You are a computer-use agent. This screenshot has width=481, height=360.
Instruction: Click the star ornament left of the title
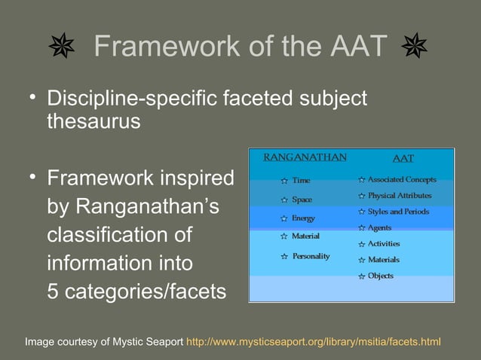click(x=62, y=47)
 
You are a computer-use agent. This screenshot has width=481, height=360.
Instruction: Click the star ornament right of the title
click(x=414, y=47)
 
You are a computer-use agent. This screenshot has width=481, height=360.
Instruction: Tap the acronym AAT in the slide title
click(x=359, y=47)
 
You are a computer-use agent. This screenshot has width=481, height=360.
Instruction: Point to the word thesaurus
click(x=93, y=121)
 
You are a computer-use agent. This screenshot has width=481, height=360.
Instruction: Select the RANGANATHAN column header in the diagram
click(x=305, y=157)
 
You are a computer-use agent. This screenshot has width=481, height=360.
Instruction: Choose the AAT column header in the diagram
click(x=403, y=158)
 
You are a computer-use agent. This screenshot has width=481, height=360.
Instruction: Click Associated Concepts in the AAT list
click(x=401, y=180)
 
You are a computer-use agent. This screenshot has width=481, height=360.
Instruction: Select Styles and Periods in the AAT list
click(x=398, y=212)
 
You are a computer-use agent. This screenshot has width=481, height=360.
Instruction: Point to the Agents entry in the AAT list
click(x=379, y=227)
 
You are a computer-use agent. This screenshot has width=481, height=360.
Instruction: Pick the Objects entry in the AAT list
click(x=380, y=276)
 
